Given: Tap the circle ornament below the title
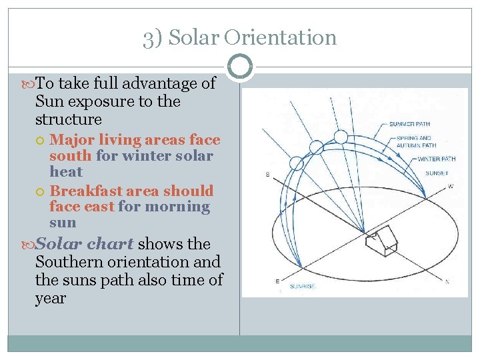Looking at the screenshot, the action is [239, 66].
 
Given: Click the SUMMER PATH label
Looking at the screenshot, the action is [411, 124].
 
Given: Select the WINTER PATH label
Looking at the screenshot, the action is [437, 159].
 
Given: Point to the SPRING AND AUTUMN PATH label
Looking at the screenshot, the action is [416, 142].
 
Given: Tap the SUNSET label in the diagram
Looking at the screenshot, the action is [437, 173].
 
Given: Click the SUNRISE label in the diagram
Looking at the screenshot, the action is [302, 286].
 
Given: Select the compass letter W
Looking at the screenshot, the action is [451, 186].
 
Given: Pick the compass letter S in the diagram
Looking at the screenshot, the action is [268, 175].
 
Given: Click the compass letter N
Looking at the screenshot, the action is [447, 282].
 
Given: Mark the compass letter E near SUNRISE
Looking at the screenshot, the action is [277, 281].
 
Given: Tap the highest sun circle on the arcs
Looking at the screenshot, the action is [341, 137].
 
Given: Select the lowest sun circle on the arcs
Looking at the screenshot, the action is [296, 163].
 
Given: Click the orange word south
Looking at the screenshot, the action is [71, 156].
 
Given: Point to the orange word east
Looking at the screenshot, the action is [99, 207].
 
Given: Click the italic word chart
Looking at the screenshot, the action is [111, 244].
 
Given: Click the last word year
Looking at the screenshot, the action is [51, 298].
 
